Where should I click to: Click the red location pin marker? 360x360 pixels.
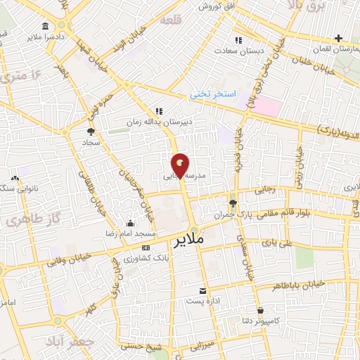point(181,165)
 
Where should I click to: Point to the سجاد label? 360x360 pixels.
point(92,141)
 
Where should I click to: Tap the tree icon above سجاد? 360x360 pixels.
point(91,131)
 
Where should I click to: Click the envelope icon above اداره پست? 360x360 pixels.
point(202,290)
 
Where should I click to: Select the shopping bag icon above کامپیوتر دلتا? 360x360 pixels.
point(261,310)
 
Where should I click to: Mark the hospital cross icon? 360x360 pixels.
point(339,37)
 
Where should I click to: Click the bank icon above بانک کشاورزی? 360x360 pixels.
point(146,248)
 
